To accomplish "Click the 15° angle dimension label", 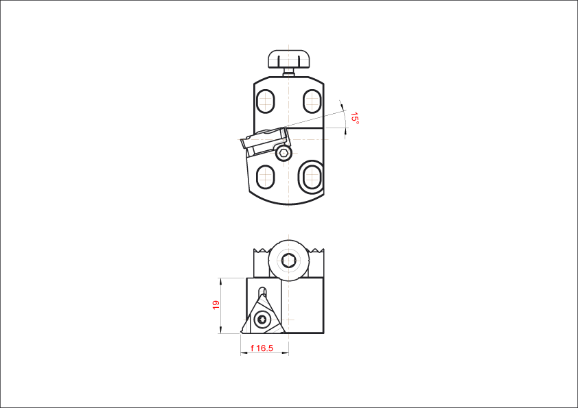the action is [x=355, y=118].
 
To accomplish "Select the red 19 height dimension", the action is [x=216, y=305].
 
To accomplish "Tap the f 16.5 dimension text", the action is [x=262, y=348].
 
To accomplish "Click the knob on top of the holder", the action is [x=288, y=59].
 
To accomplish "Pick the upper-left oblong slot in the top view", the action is [x=266, y=101].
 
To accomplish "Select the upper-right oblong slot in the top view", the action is [x=312, y=101].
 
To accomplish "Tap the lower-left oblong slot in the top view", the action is [x=266, y=177].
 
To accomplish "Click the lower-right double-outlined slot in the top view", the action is [x=312, y=177].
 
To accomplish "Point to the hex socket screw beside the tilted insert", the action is [x=284, y=153].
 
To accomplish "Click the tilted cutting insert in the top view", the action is [x=266, y=141].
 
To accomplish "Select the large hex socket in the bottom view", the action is [x=288, y=261].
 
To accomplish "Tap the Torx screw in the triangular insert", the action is [x=262, y=320].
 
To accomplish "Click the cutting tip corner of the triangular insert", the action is [x=242, y=332].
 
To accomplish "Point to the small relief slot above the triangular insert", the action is [x=262, y=291].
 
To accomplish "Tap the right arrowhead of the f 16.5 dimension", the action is [x=286, y=352].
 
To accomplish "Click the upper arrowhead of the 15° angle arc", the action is [x=343, y=107].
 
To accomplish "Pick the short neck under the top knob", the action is [x=288, y=73].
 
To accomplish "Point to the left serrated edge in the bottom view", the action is [x=262, y=251].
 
